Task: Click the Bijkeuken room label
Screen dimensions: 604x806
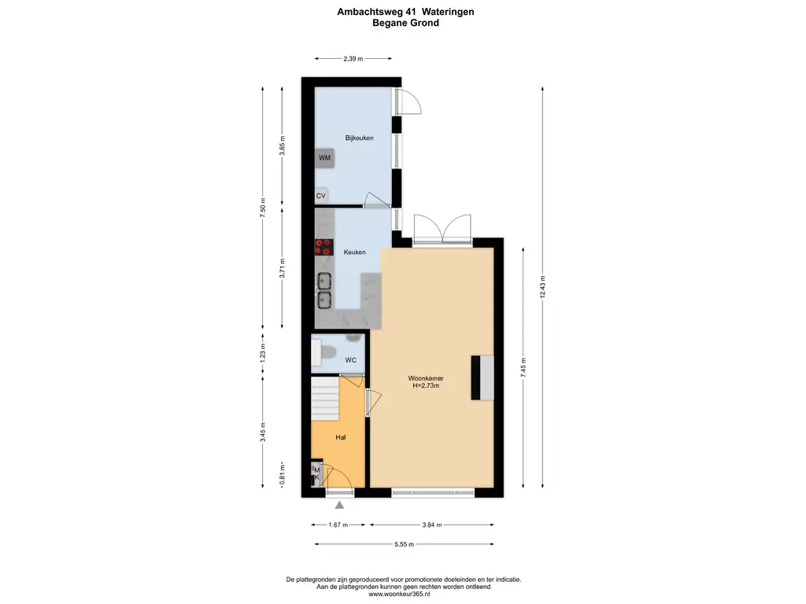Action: tap(359, 138)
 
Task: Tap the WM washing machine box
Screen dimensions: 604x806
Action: tap(324, 158)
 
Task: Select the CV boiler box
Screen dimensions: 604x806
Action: tap(321, 196)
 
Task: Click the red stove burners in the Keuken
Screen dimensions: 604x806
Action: tap(323, 247)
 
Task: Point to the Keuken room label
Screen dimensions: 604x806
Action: tap(354, 252)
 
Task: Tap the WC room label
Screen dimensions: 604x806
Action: tap(351, 360)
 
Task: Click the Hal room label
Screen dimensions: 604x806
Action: tap(341, 437)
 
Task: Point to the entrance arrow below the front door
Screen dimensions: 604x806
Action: tap(339, 506)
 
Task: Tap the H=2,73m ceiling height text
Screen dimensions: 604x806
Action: tap(425, 386)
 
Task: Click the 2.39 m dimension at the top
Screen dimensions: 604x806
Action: tap(353, 58)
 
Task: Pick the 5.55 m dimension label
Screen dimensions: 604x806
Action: tap(405, 544)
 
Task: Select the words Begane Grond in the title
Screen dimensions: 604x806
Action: tap(405, 24)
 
